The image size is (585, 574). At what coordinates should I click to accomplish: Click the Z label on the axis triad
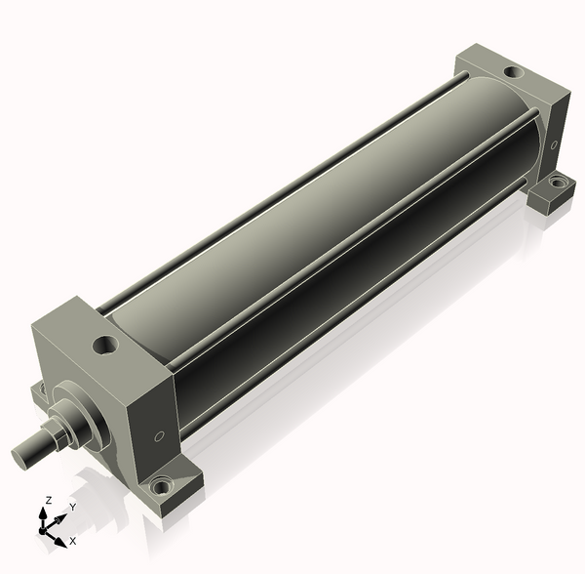pyautogui.click(x=48, y=500)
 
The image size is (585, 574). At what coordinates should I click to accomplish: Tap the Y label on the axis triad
pyautogui.click(x=73, y=507)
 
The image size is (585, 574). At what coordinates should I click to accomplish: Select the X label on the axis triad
pyautogui.click(x=73, y=541)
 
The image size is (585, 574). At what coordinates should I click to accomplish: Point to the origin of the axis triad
pyautogui.click(x=42, y=531)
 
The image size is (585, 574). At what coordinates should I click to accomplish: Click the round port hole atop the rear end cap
pyautogui.click(x=515, y=71)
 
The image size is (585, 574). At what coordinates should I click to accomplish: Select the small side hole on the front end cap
pyautogui.click(x=159, y=435)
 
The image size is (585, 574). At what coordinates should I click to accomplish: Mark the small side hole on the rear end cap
pyautogui.click(x=554, y=144)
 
